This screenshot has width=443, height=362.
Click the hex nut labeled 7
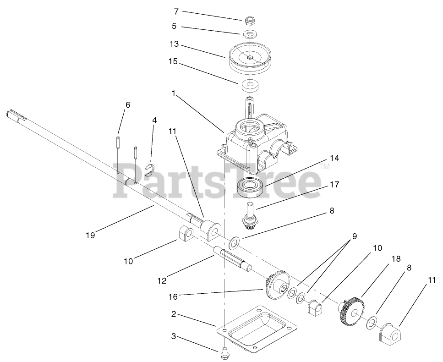click(x=250, y=21)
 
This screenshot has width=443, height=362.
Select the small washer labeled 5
click(x=250, y=34)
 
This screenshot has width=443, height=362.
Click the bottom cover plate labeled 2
click(x=257, y=328)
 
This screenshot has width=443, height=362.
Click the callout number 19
click(x=90, y=235)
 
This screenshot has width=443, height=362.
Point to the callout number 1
click(x=174, y=93)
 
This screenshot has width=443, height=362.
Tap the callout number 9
click(x=354, y=236)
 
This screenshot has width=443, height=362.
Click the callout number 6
click(x=128, y=105)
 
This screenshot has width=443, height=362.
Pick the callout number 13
click(x=174, y=45)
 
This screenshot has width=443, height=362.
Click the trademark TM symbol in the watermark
click(x=325, y=167)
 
